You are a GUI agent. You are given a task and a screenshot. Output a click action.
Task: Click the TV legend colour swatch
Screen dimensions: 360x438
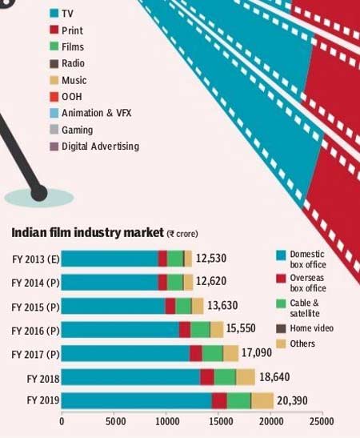[x=54, y=13]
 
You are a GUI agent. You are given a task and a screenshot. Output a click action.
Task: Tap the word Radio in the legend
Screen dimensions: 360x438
[x=73, y=63]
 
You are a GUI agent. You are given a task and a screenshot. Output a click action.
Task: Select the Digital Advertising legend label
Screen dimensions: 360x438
[x=101, y=147]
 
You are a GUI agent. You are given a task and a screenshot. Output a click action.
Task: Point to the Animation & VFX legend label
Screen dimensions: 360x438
[x=96, y=113]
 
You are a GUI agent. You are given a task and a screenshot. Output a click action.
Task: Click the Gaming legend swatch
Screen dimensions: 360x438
[x=54, y=130]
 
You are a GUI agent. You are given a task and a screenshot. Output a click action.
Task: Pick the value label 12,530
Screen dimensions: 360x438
[x=211, y=259]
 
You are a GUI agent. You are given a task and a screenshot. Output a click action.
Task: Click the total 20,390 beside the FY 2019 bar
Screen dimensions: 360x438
[x=292, y=400]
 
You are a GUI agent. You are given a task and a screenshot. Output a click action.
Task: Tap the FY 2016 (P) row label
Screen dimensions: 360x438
[x=35, y=331]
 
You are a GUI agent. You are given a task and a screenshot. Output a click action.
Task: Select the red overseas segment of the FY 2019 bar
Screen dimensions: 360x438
[x=219, y=400]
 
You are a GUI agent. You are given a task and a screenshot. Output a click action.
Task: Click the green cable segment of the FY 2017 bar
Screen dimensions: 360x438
[x=213, y=353]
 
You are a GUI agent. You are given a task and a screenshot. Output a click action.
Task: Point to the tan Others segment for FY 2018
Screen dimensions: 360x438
[x=246, y=377]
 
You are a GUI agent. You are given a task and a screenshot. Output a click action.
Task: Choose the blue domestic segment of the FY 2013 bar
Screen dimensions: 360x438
[x=110, y=259]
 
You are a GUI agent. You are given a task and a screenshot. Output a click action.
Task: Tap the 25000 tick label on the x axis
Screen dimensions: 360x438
[x=322, y=421]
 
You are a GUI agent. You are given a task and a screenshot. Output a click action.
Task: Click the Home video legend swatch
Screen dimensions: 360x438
[x=281, y=329]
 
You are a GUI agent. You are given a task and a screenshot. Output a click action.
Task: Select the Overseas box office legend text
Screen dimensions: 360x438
[x=308, y=283]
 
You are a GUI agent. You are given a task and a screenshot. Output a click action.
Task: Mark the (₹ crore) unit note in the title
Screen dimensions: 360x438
[x=182, y=234]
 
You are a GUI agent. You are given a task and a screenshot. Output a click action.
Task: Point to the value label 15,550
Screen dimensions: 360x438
[x=241, y=328]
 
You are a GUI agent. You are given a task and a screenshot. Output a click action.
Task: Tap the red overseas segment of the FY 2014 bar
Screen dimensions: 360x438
[x=162, y=283]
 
